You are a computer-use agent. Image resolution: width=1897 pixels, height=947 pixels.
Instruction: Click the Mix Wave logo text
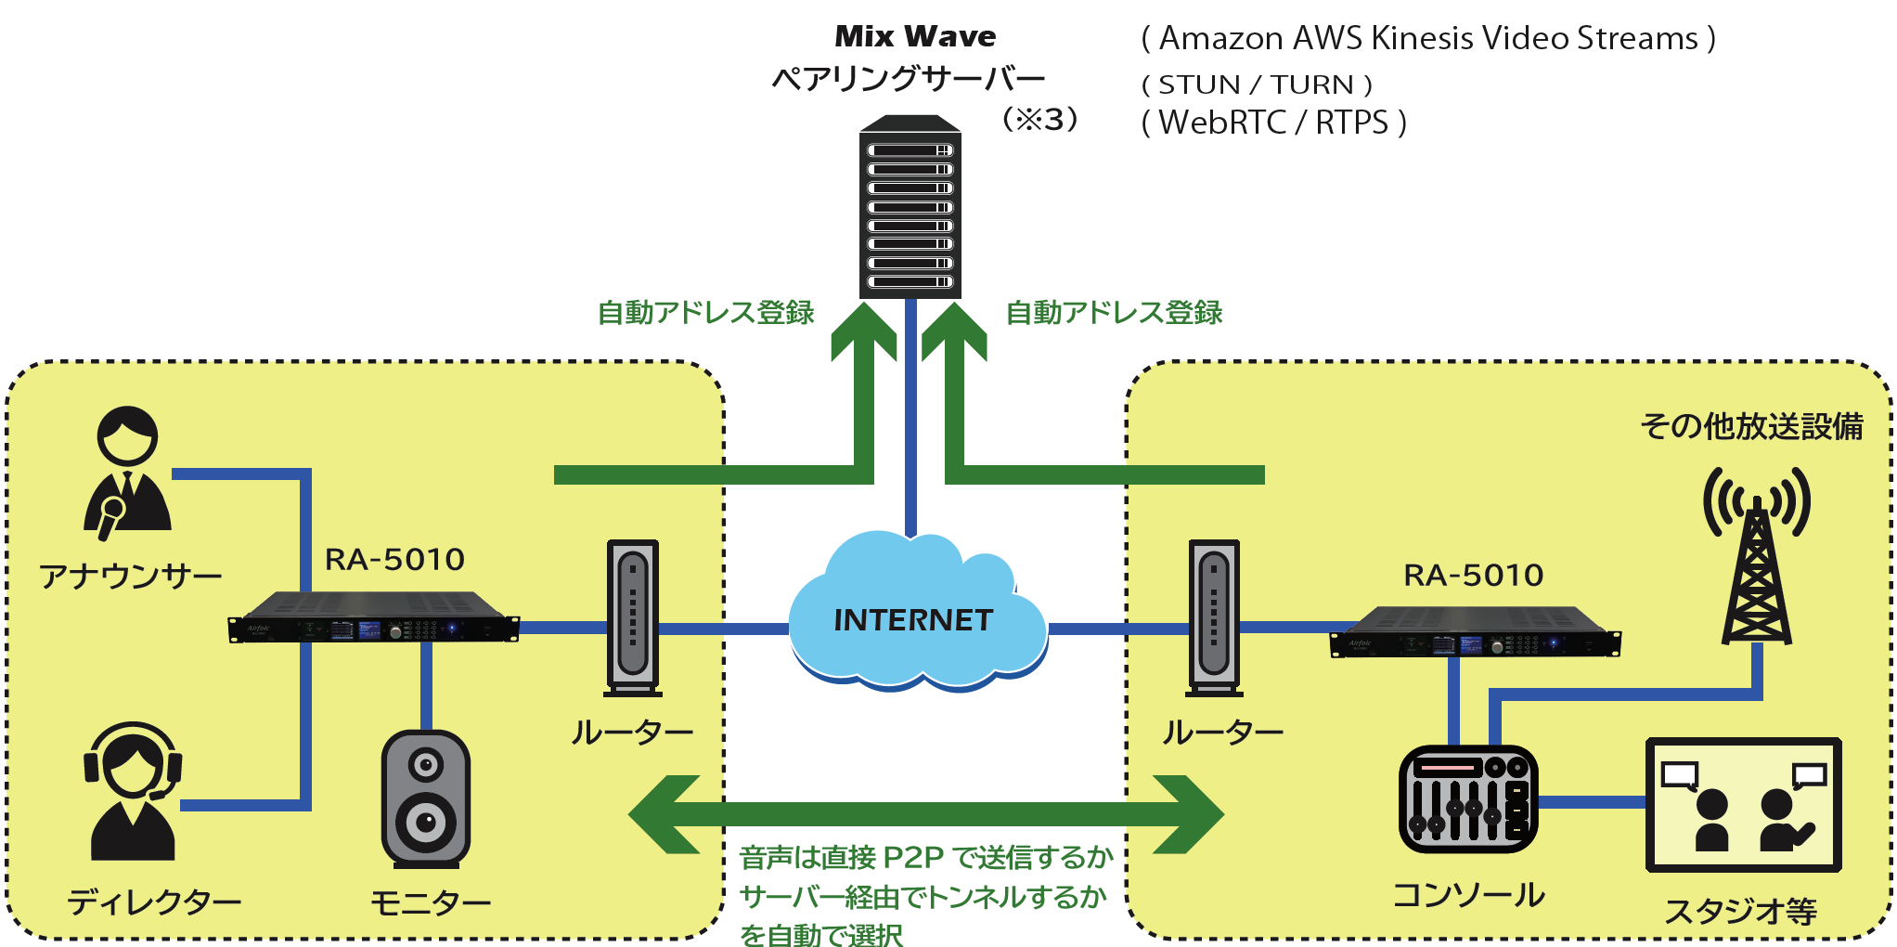point(915,36)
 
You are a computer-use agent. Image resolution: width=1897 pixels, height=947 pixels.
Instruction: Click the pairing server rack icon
point(910,208)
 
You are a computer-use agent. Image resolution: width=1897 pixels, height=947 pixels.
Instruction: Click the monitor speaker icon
point(426,799)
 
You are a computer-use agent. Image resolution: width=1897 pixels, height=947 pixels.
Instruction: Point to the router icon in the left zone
point(633,617)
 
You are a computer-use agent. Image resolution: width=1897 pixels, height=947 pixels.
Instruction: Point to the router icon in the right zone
point(1214,617)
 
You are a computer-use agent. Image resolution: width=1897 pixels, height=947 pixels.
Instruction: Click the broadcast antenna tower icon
point(1757,557)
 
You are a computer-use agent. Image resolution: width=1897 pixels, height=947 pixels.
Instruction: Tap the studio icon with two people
point(1743,805)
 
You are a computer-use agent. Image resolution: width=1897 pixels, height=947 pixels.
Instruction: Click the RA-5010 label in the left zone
point(394,560)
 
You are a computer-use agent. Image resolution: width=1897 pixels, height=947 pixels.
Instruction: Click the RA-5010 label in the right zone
point(1473,576)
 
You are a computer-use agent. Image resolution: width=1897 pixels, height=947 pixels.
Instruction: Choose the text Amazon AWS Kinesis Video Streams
point(1428,39)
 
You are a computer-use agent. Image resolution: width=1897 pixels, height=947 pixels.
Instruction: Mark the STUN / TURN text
point(1257,84)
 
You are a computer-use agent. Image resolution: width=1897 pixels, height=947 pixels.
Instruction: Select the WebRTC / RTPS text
point(1273,123)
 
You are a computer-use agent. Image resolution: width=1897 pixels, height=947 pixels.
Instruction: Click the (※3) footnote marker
point(1039,119)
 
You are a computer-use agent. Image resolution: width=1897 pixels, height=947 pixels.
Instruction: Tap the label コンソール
point(1468,895)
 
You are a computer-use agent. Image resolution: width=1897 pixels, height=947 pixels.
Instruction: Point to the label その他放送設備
point(1751,426)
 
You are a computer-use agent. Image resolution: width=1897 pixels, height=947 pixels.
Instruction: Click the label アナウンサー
point(131,577)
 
